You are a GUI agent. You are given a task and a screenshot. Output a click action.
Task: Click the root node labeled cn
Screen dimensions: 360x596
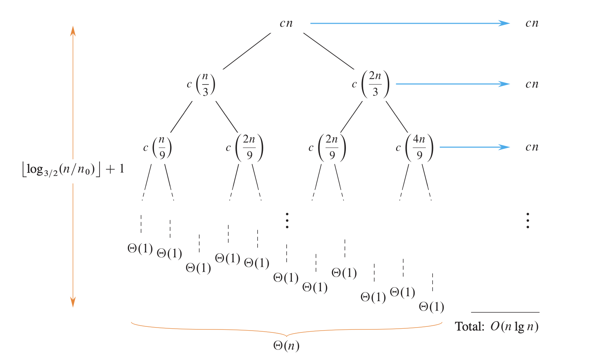pyautogui.click(x=286, y=23)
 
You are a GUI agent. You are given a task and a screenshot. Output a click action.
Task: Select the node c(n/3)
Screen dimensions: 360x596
pyautogui.click(x=201, y=84)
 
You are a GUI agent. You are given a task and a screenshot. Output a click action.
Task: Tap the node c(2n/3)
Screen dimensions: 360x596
pyautogui.click(x=371, y=84)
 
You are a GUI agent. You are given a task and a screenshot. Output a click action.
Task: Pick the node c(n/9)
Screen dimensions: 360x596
pyautogui.click(x=158, y=148)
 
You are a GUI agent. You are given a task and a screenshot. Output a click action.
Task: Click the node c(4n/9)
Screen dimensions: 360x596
pyautogui.click(x=415, y=148)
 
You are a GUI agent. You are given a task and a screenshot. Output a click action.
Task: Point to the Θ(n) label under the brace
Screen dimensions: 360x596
pyautogui.click(x=286, y=346)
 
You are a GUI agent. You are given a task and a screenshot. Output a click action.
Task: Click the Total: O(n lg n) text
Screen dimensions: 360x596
pyautogui.click(x=496, y=326)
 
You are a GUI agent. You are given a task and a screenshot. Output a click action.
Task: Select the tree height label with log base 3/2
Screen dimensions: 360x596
pyautogui.click(x=73, y=169)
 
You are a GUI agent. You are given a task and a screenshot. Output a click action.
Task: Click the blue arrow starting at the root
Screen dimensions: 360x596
pyautogui.click(x=409, y=23)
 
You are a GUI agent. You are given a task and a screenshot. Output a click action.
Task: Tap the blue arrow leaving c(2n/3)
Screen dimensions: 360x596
pyautogui.click(x=453, y=84)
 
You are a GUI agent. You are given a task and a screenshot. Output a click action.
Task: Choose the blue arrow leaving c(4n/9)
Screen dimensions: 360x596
pyautogui.click(x=475, y=147)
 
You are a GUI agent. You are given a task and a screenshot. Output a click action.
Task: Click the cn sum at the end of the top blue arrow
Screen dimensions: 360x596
pyautogui.click(x=532, y=23)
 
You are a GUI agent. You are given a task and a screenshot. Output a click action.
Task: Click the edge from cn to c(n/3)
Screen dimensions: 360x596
pyautogui.click(x=247, y=51)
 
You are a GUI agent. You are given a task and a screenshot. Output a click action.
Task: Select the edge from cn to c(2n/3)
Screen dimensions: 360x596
pyautogui.click(x=329, y=51)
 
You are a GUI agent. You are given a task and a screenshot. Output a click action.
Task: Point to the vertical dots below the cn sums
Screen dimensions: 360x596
pyautogui.click(x=528, y=220)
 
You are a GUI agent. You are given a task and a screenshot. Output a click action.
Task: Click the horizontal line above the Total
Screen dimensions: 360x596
pyautogui.click(x=505, y=312)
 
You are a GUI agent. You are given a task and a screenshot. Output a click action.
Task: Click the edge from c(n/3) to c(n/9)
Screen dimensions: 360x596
pyautogui.click(x=181, y=117)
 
